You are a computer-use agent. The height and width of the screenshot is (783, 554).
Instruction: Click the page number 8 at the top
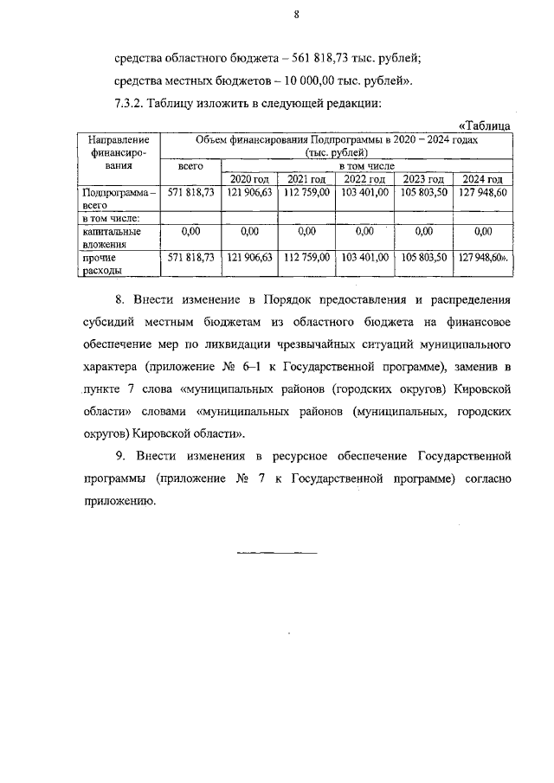click(296, 15)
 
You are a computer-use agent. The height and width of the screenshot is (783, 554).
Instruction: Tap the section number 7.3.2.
click(130, 104)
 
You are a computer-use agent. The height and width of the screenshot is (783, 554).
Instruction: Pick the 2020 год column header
click(250, 178)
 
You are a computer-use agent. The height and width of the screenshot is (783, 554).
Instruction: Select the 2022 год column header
click(364, 178)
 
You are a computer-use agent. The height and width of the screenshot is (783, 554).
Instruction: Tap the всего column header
click(190, 164)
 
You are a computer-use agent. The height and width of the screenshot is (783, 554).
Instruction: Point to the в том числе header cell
click(365, 164)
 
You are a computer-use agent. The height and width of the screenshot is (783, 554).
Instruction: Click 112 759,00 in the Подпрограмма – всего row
click(306, 192)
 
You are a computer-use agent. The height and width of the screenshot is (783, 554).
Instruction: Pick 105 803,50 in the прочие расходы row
click(424, 257)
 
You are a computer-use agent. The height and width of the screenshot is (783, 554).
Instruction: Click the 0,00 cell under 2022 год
click(364, 231)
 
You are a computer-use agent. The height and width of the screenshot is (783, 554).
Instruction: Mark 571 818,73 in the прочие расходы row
click(190, 257)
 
